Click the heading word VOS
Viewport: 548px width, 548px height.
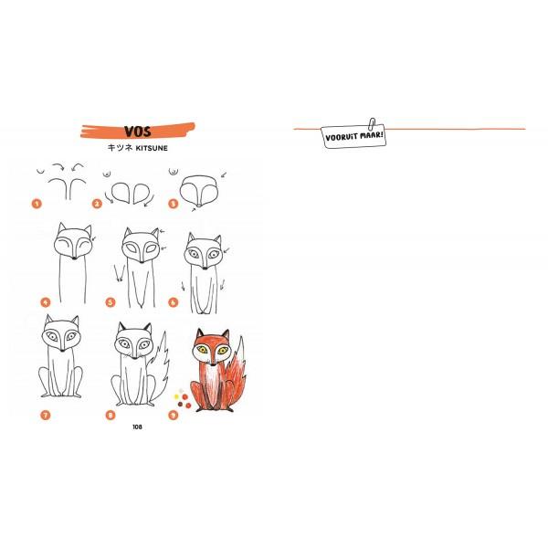[138, 132]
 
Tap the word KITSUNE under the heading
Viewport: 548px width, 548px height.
[152, 148]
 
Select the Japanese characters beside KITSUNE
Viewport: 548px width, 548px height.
[121, 148]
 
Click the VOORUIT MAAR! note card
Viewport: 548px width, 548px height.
[353, 136]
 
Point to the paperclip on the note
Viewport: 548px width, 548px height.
[372, 123]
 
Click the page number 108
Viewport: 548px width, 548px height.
[137, 427]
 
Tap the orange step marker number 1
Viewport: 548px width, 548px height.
[37, 204]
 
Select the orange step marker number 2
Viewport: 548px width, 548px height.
[97, 204]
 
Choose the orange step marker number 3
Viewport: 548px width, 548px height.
[173, 204]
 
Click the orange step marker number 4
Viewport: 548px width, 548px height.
[46, 302]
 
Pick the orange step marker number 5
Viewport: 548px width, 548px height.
[111, 302]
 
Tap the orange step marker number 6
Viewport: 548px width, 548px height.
[173, 302]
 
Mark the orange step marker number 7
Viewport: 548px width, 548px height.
[46, 416]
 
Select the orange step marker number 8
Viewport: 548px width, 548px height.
[111, 416]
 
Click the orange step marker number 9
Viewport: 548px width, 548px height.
[173, 416]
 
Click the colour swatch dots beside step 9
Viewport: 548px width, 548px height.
[183, 398]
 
